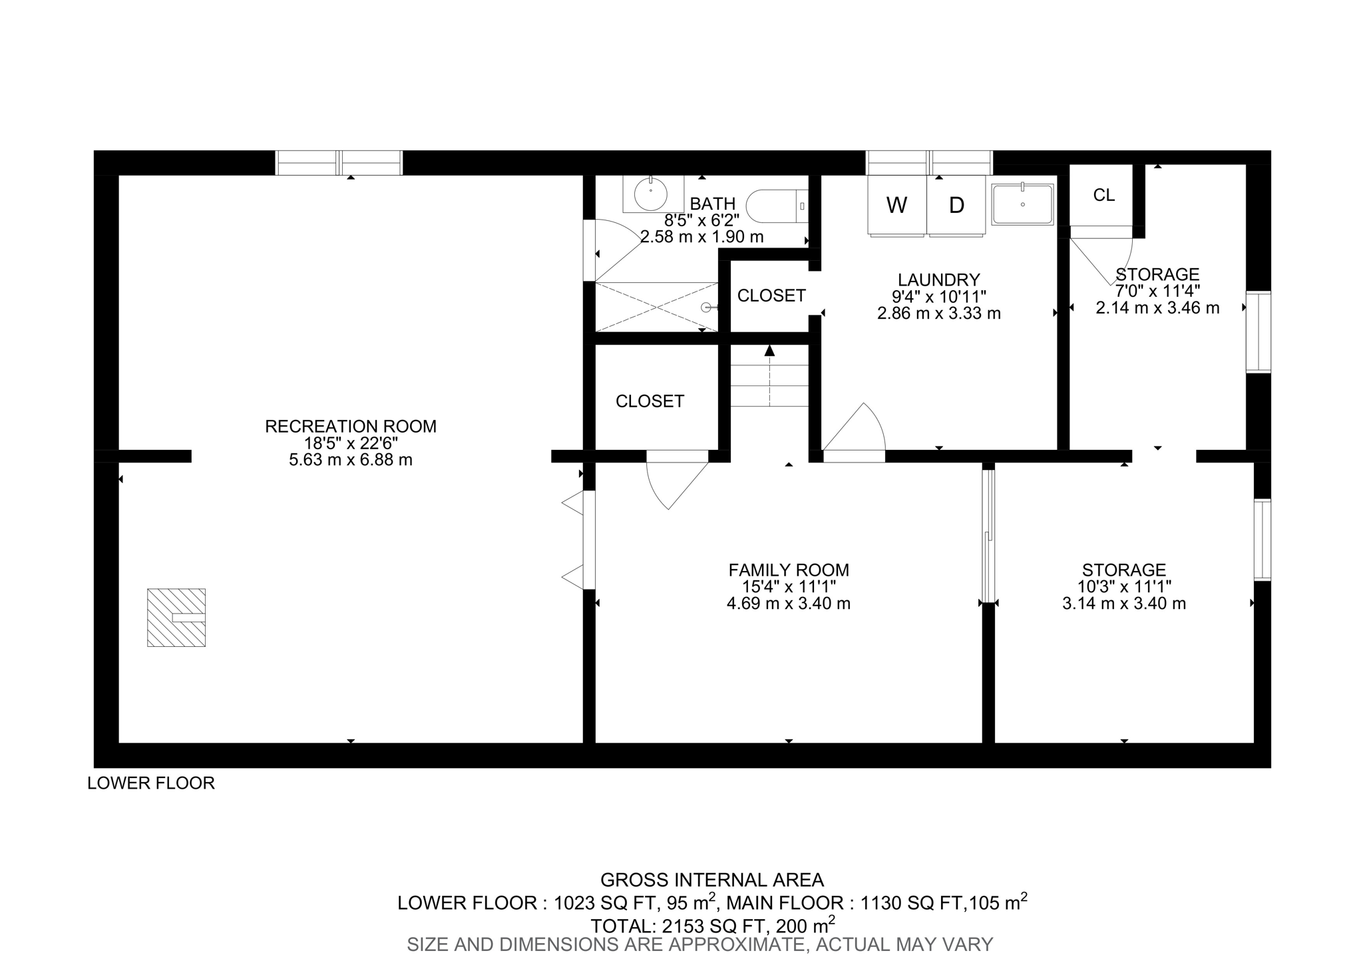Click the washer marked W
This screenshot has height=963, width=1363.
[896, 205]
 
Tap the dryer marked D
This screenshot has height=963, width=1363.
[956, 205]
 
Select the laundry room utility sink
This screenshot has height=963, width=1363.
[1022, 204]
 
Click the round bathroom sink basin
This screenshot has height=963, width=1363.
[650, 194]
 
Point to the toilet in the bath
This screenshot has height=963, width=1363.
[775, 206]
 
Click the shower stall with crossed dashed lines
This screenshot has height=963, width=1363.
[656, 307]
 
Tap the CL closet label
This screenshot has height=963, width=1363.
[1103, 195]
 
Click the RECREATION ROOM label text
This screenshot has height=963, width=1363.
[351, 426]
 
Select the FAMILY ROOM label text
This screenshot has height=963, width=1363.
[789, 570]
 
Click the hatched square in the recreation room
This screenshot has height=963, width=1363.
[176, 617]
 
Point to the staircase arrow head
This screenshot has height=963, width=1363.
[770, 350]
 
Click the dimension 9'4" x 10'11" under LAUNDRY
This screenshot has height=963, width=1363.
[938, 296]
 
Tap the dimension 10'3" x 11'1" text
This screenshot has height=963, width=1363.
[1123, 586]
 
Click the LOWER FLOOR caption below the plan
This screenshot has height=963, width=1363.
[151, 783]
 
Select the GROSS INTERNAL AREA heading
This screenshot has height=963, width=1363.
[711, 880]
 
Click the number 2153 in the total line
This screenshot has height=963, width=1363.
[685, 926]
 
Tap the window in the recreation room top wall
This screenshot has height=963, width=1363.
[339, 162]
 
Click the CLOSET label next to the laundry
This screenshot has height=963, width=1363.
[771, 295]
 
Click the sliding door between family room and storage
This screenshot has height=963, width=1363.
[988, 536]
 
